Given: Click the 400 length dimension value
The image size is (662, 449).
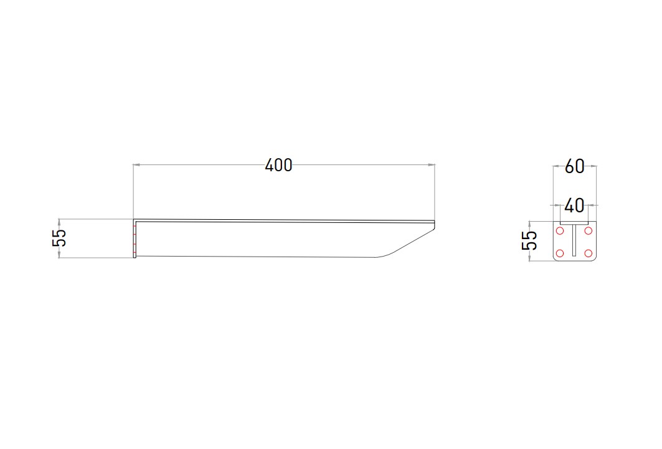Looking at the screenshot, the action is pyautogui.click(x=278, y=165).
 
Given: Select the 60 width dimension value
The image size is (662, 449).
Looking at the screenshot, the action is pyautogui.click(x=575, y=166).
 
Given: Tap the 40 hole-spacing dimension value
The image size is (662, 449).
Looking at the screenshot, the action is pyautogui.click(x=574, y=206).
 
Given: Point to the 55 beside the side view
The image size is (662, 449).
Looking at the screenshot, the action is pyautogui.click(x=60, y=238).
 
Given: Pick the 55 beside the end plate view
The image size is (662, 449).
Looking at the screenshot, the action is pyautogui.click(x=529, y=240).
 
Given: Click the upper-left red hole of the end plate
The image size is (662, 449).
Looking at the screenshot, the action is pyautogui.click(x=560, y=231).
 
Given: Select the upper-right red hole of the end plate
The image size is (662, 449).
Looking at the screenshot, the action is pyautogui.click(x=588, y=231).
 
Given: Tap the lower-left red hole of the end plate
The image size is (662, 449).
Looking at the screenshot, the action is pyautogui.click(x=560, y=253).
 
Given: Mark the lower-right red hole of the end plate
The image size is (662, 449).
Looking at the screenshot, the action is pyautogui.click(x=588, y=253).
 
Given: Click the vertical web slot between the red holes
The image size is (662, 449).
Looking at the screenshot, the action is pyautogui.click(x=574, y=240).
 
